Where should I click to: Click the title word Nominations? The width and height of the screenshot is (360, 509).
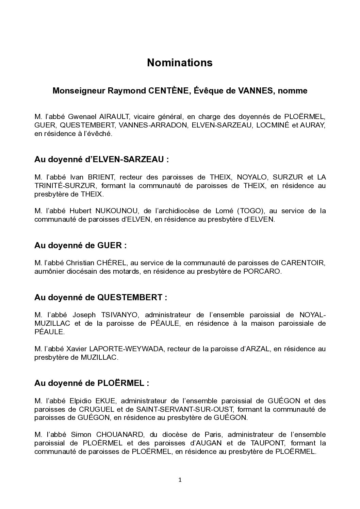coord(180,63)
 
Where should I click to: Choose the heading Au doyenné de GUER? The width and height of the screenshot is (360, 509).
coord(80,245)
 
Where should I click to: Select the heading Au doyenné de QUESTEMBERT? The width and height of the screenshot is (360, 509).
coord(101,298)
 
